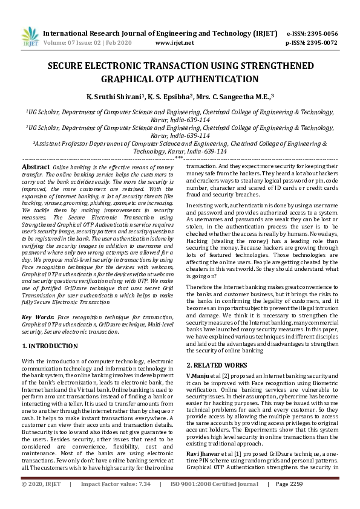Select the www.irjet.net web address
174,43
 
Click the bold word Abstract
36,166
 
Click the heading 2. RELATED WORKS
217,365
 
